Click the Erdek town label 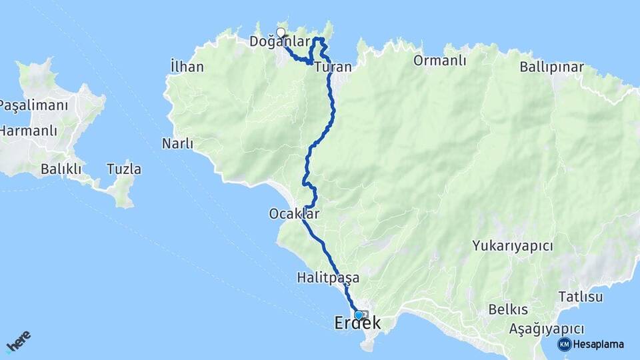357,324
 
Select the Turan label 333,67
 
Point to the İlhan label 187,67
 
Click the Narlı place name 177,143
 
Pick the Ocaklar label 294,214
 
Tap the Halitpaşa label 329,277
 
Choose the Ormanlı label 439,61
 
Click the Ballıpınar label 551,67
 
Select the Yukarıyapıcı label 513,246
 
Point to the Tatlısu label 581,296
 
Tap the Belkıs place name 508,309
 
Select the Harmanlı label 29,131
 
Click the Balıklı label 61,169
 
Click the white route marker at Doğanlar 281,33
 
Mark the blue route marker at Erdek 359,315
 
